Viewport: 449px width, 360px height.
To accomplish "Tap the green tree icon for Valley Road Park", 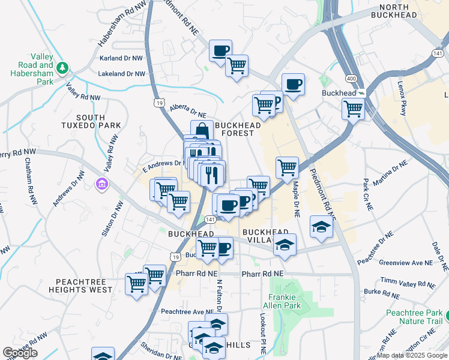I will point(62,66).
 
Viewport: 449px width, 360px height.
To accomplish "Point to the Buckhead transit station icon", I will point(362,94).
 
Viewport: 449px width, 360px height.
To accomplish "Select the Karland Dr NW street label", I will point(122,59).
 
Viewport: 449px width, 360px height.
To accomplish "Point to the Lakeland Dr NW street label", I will point(122,74).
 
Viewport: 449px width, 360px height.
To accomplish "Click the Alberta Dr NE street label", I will point(188,110).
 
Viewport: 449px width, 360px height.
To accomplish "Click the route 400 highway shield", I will point(350,79).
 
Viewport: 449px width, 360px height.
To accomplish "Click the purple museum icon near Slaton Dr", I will point(101,182).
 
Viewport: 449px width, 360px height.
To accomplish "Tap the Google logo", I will point(20,353).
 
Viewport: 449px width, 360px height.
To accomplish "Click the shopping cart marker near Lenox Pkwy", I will point(353,109).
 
